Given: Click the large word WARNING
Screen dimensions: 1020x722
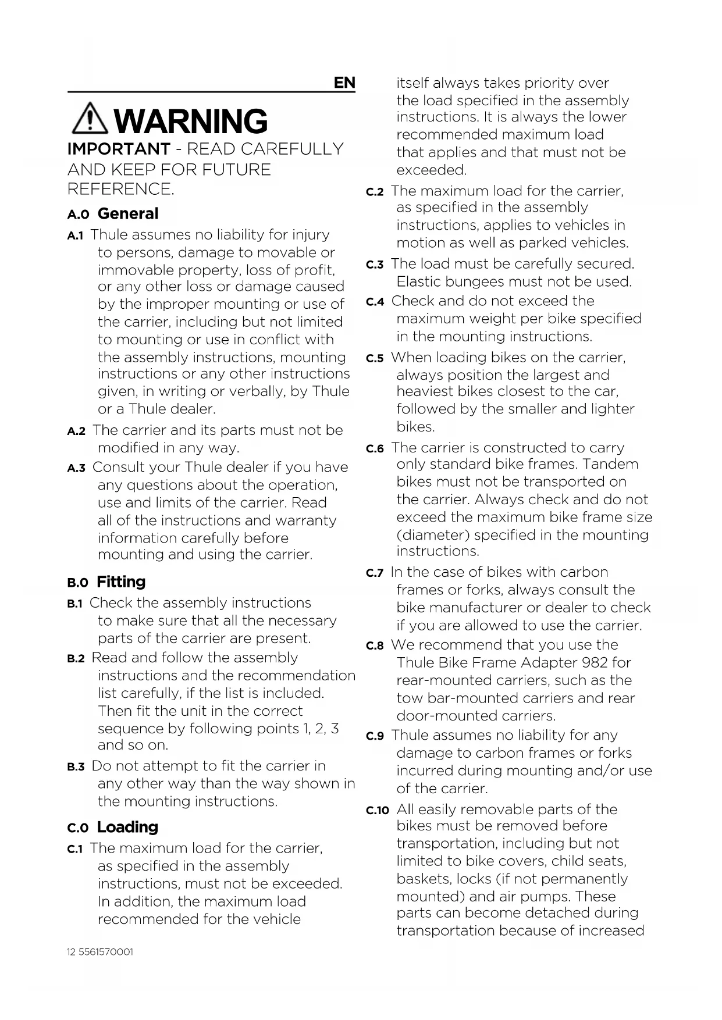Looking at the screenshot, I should pyautogui.click(x=191, y=121).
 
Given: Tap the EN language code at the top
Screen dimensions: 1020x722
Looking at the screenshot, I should pyautogui.click(x=344, y=83).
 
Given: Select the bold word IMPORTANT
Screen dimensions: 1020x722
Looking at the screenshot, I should pyautogui.click(x=119, y=149).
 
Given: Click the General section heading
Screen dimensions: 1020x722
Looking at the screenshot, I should pyautogui.click(x=128, y=214).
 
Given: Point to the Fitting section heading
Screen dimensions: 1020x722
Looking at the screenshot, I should pyautogui.click(x=121, y=582).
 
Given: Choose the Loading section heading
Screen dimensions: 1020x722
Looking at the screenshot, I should pyautogui.click(x=127, y=828).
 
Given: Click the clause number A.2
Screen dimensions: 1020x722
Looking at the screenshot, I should pyautogui.click(x=76, y=431).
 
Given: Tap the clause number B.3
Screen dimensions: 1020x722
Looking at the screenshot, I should pyautogui.click(x=76, y=767).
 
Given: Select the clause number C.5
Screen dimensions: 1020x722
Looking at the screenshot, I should pyautogui.click(x=375, y=359).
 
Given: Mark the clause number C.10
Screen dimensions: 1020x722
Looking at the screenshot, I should pyautogui.click(x=378, y=811).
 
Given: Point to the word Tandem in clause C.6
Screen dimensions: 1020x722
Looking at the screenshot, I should pyautogui.click(x=610, y=464).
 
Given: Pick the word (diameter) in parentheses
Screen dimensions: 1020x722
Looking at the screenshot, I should pyautogui.click(x=431, y=535).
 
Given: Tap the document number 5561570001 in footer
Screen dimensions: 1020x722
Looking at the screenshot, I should pyautogui.click(x=106, y=953).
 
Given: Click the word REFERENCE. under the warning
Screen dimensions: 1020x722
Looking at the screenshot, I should pyautogui.click(x=121, y=190).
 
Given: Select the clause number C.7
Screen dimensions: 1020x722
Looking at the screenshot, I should pyautogui.click(x=375, y=573).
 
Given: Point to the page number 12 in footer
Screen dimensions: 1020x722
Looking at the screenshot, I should pyautogui.click(x=72, y=953).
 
